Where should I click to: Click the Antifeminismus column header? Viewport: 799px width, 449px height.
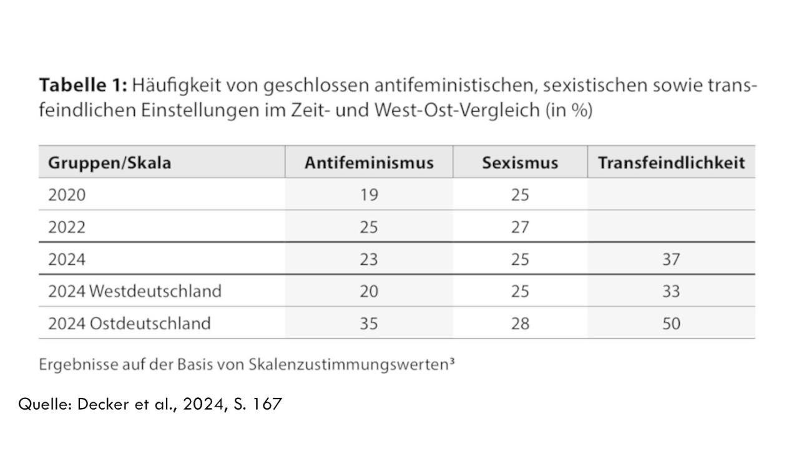[x=369, y=163]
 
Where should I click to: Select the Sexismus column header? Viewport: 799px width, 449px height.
[x=520, y=163]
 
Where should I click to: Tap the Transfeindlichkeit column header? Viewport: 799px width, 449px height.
[x=671, y=163]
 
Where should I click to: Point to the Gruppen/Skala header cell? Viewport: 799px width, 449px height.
[x=109, y=163]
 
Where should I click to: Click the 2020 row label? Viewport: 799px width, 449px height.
[x=67, y=195]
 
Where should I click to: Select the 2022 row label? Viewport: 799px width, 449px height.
[x=67, y=227]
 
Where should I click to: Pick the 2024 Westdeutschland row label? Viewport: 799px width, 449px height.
[x=135, y=291]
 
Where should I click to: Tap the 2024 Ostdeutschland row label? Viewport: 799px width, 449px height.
[x=129, y=324]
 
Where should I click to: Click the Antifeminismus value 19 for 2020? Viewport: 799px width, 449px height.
[x=369, y=195]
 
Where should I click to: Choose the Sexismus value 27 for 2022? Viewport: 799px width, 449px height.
[x=520, y=227]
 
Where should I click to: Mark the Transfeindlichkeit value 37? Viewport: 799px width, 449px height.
[x=671, y=259]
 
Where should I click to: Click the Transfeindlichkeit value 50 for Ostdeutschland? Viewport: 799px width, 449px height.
[x=671, y=324]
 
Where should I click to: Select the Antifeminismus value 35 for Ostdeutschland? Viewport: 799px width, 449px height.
[x=369, y=324]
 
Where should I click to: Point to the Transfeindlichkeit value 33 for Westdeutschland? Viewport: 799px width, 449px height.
[x=671, y=291]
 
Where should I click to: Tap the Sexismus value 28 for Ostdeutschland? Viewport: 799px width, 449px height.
[x=520, y=324]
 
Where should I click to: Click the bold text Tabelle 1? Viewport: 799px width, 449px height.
[x=83, y=84]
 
